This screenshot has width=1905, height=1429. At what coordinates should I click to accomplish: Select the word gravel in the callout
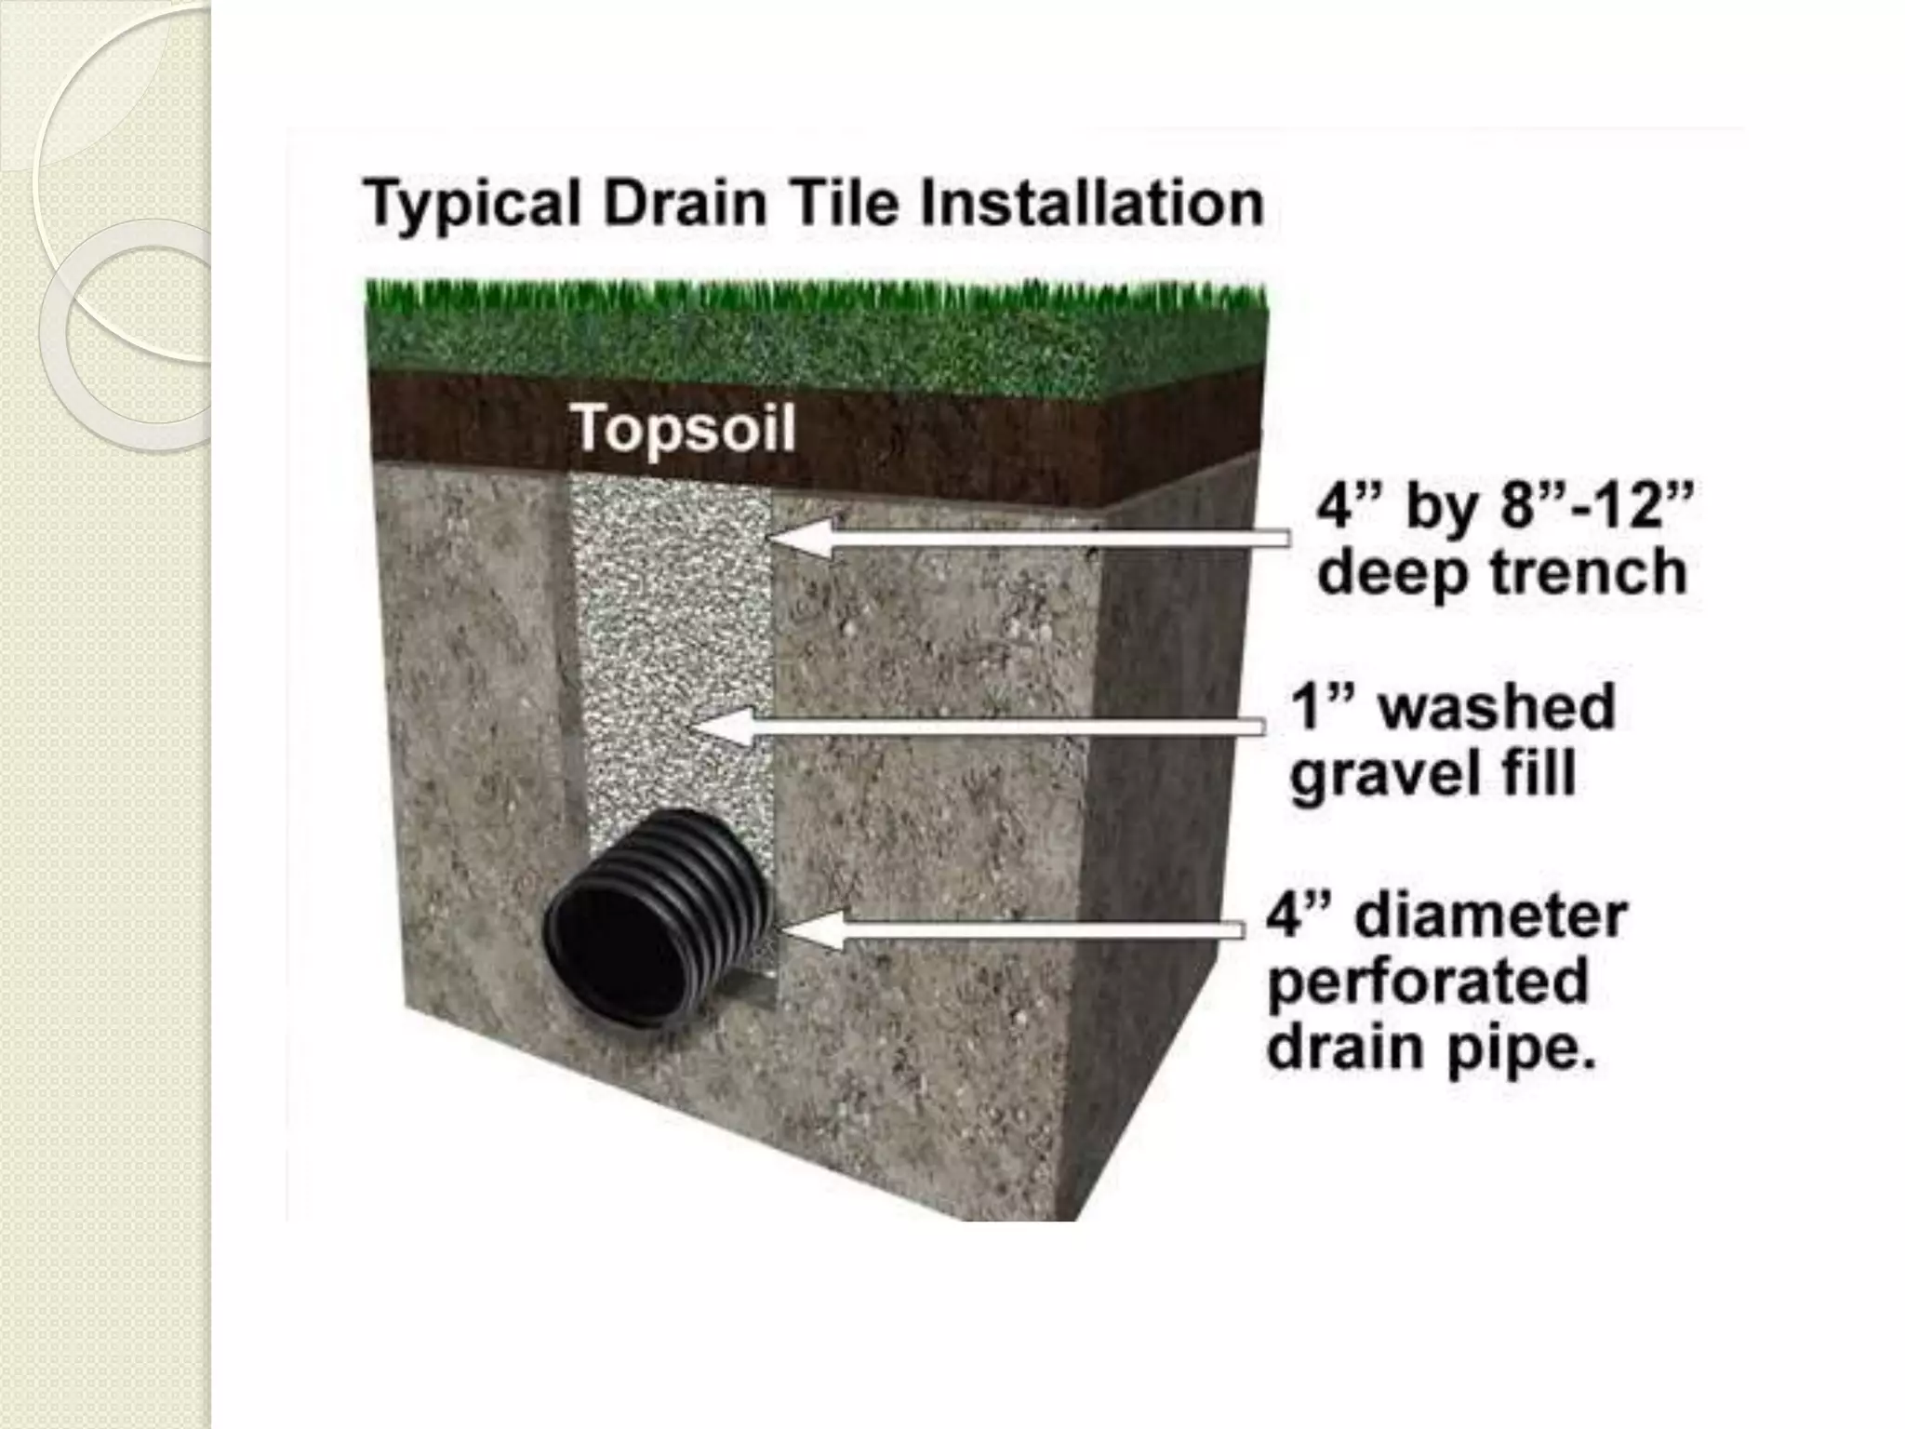[x=1386, y=775]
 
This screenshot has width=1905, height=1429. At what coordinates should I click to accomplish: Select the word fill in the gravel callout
[x=1540, y=773]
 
